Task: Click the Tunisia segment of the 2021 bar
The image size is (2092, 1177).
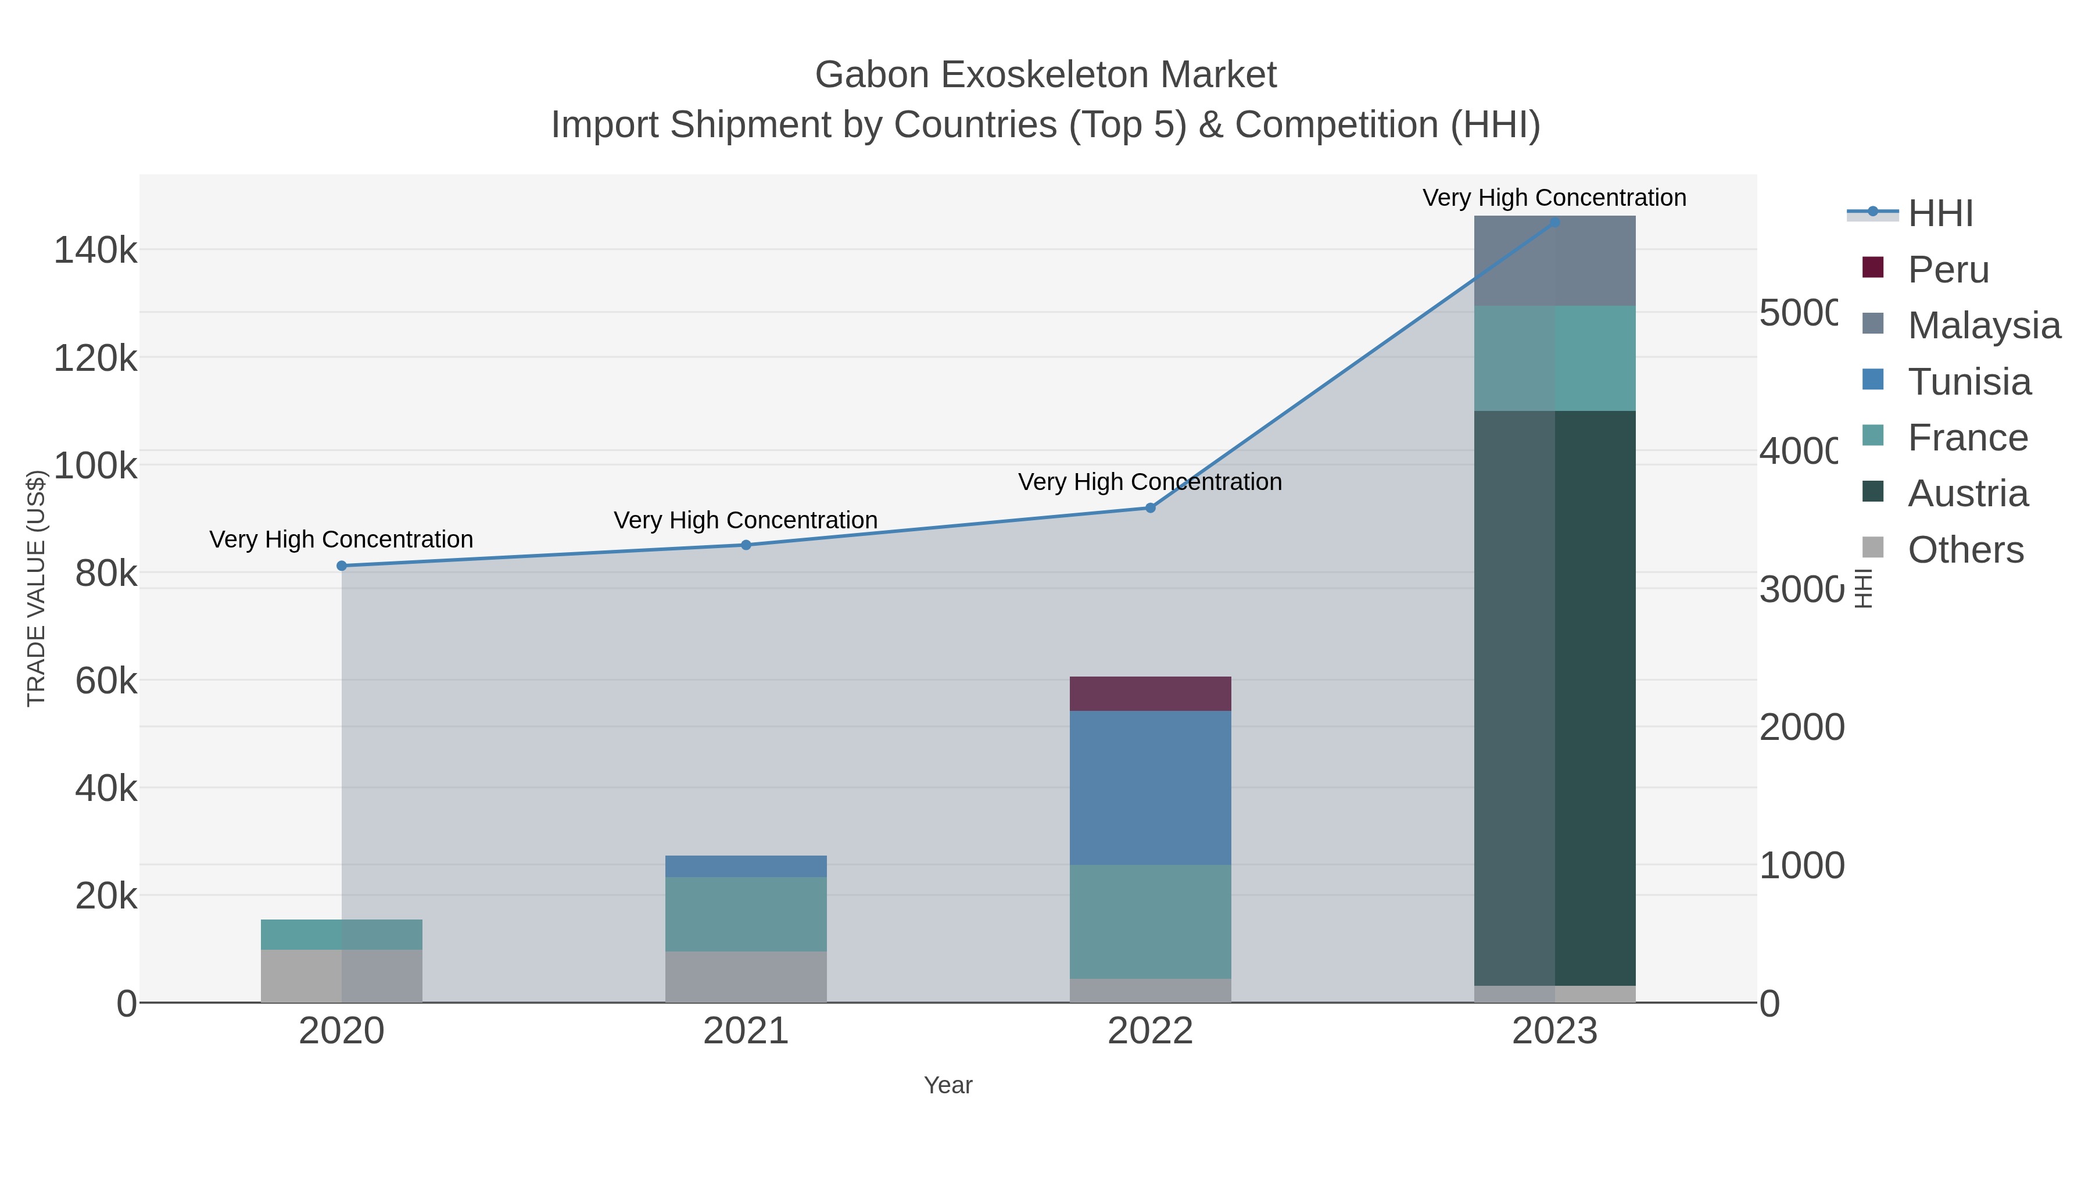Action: (746, 866)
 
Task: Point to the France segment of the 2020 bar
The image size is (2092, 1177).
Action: (341, 934)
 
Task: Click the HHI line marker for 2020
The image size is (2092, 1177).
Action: (342, 566)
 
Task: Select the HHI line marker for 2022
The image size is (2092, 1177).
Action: (1150, 507)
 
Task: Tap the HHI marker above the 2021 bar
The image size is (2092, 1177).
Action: (746, 545)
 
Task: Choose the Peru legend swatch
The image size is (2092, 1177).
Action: (1873, 268)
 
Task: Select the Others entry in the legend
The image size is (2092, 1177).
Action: (1965, 550)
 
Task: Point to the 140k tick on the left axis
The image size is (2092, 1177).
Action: (95, 250)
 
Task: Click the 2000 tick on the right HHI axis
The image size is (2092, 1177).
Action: (1801, 727)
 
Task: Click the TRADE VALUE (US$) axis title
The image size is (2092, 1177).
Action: (35, 588)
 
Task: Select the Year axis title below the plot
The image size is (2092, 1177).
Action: (948, 1085)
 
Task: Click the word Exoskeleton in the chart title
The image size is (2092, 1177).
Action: (1046, 75)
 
